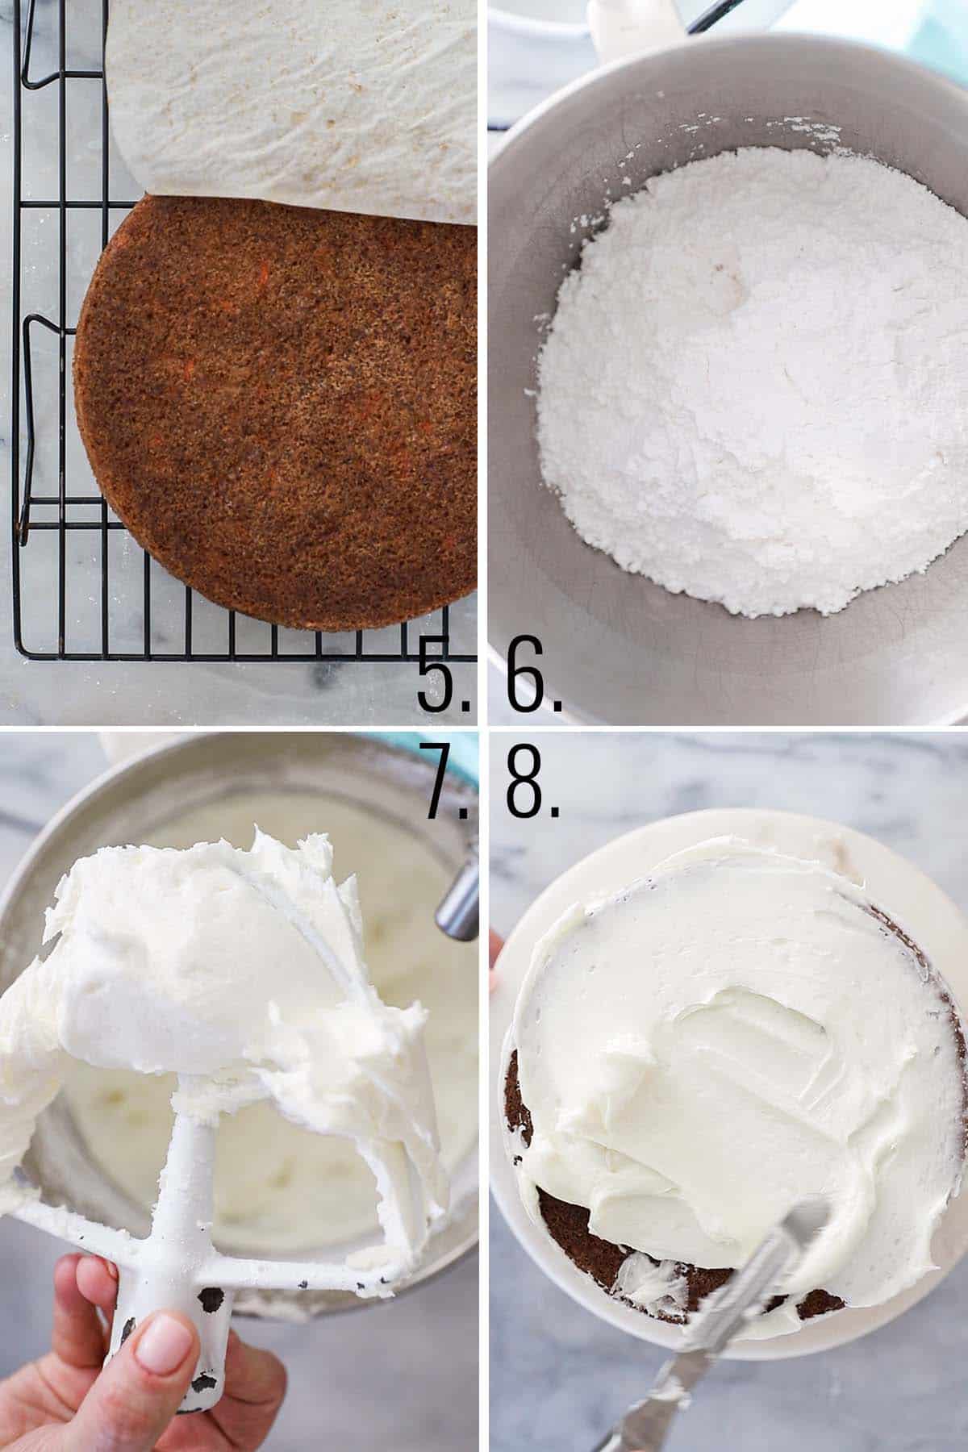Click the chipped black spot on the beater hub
[211, 1300]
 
